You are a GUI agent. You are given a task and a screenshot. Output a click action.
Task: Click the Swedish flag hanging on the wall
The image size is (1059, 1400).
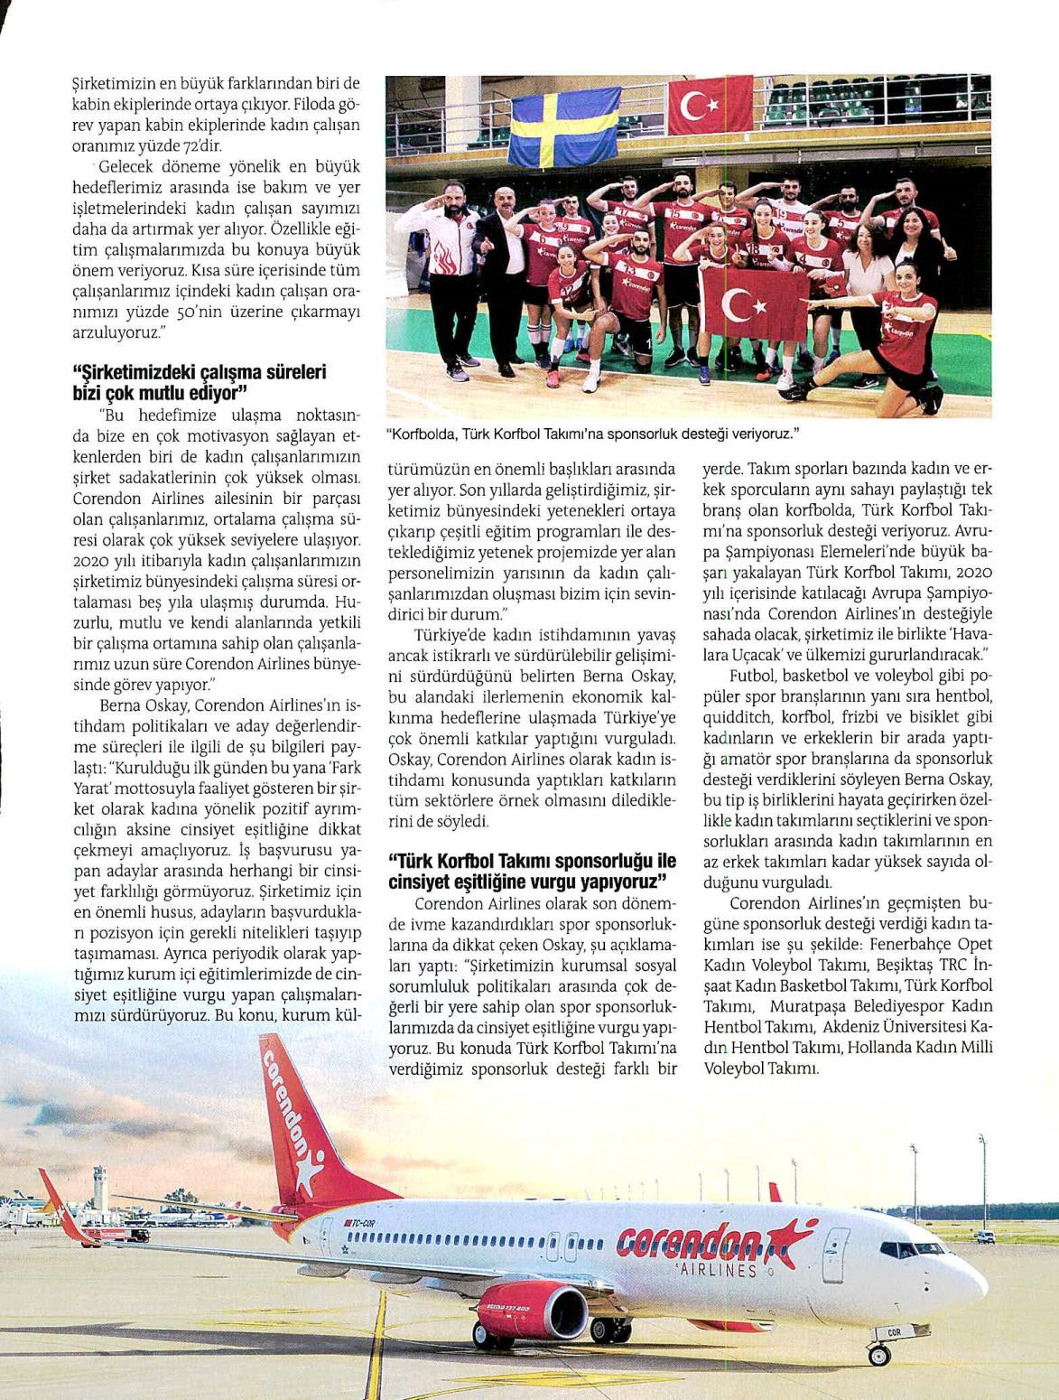click(563, 124)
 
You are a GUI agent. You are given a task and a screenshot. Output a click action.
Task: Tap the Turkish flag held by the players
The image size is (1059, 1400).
click(755, 307)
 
